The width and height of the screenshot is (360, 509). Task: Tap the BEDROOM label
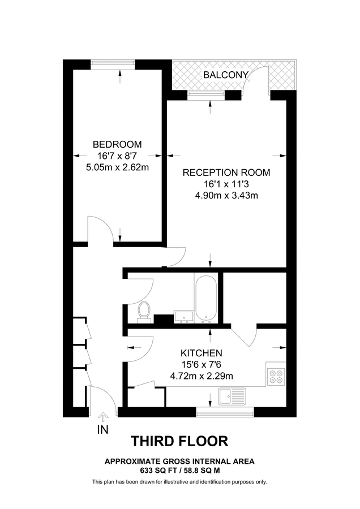pyautogui.click(x=118, y=144)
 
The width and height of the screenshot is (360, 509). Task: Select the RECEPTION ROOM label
pyautogui.click(x=226, y=172)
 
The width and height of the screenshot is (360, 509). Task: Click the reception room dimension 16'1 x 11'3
pyautogui.click(x=226, y=184)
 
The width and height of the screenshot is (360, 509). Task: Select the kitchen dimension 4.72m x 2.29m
pyautogui.click(x=202, y=375)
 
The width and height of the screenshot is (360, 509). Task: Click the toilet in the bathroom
pyautogui.click(x=144, y=312)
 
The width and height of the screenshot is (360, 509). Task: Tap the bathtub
pyautogui.click(x=205, y=299)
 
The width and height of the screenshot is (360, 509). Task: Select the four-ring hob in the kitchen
pyautogui.click(x=277, y=376)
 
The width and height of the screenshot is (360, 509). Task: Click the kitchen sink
pyautogui.click(x=232, y=396)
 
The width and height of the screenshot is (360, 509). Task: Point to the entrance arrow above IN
pyautogui.click(x=103, y=418)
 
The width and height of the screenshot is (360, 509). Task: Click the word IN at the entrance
pyautogui.click(x=103, y=430)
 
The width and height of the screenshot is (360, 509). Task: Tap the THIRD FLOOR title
pyautogui.click(x=179, y=441)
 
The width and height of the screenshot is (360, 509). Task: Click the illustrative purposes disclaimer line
pyautogui.click(x=179, y=482)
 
